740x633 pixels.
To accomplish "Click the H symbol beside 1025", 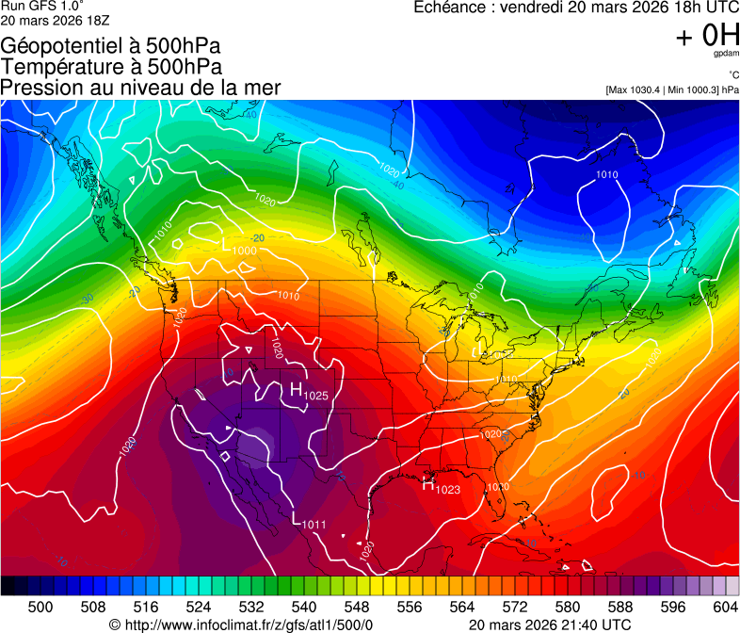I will point(296,390).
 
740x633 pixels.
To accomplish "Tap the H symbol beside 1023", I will point(428,486).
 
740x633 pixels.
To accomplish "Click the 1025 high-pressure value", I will point(316,396).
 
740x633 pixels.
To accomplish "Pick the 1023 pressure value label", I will point(448,490).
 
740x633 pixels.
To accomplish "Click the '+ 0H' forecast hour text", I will point(706,36).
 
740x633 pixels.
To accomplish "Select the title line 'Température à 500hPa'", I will point(111,66).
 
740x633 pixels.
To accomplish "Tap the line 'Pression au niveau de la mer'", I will point(140,88).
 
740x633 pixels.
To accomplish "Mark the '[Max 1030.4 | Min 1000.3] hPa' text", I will point(672,90).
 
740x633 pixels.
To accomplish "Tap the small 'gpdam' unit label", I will point(726,55).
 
